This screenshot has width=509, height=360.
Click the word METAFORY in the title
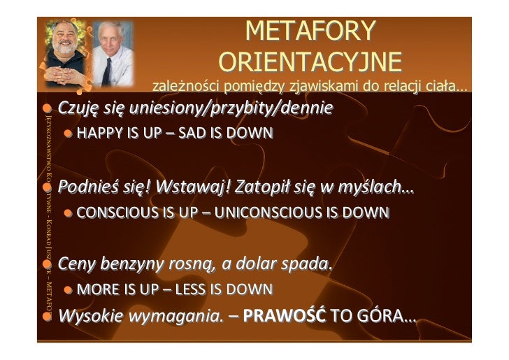pyautogui.click(x=310, y=31)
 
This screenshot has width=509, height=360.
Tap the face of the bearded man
pyautogui.click(x=65, y=45)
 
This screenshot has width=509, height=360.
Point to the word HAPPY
pyautogui.click(x=98, y=134)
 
